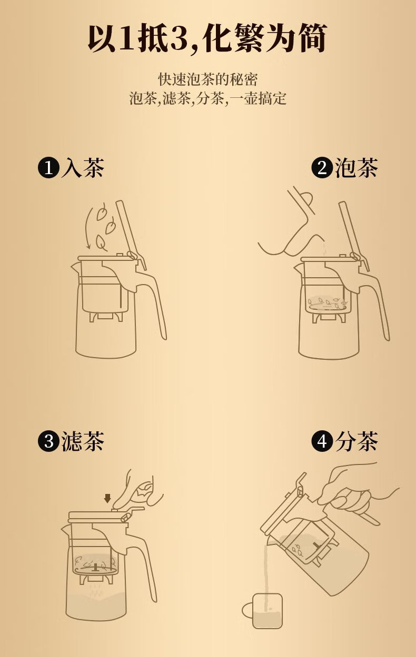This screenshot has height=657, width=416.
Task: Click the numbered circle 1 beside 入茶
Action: click(x=49, y=168)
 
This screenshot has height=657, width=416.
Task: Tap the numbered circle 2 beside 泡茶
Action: click(x=322, y=168)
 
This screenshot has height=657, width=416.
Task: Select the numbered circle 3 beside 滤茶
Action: click(x=49, y=441)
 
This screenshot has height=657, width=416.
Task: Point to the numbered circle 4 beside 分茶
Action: click(x=322, y=441)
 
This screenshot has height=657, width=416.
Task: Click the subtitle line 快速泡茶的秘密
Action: click(x=208, y=79)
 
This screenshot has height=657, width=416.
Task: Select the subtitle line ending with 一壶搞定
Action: click(x=208, y=98)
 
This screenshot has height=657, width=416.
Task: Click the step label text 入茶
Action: click(x=83, y=168)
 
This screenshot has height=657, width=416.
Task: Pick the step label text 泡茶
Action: click(x=356, y=168)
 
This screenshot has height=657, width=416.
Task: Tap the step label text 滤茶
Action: click(x=83, y=441)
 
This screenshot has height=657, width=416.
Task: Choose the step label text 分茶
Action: click(x=356, y=441)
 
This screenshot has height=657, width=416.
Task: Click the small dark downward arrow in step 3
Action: click(x=108, y=498)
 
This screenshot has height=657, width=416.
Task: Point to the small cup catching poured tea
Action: click(x=262, y=607)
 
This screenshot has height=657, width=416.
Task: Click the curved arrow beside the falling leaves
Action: click(x=88, y=227)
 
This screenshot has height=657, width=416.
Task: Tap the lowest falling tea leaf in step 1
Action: click(x=101, y=243)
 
